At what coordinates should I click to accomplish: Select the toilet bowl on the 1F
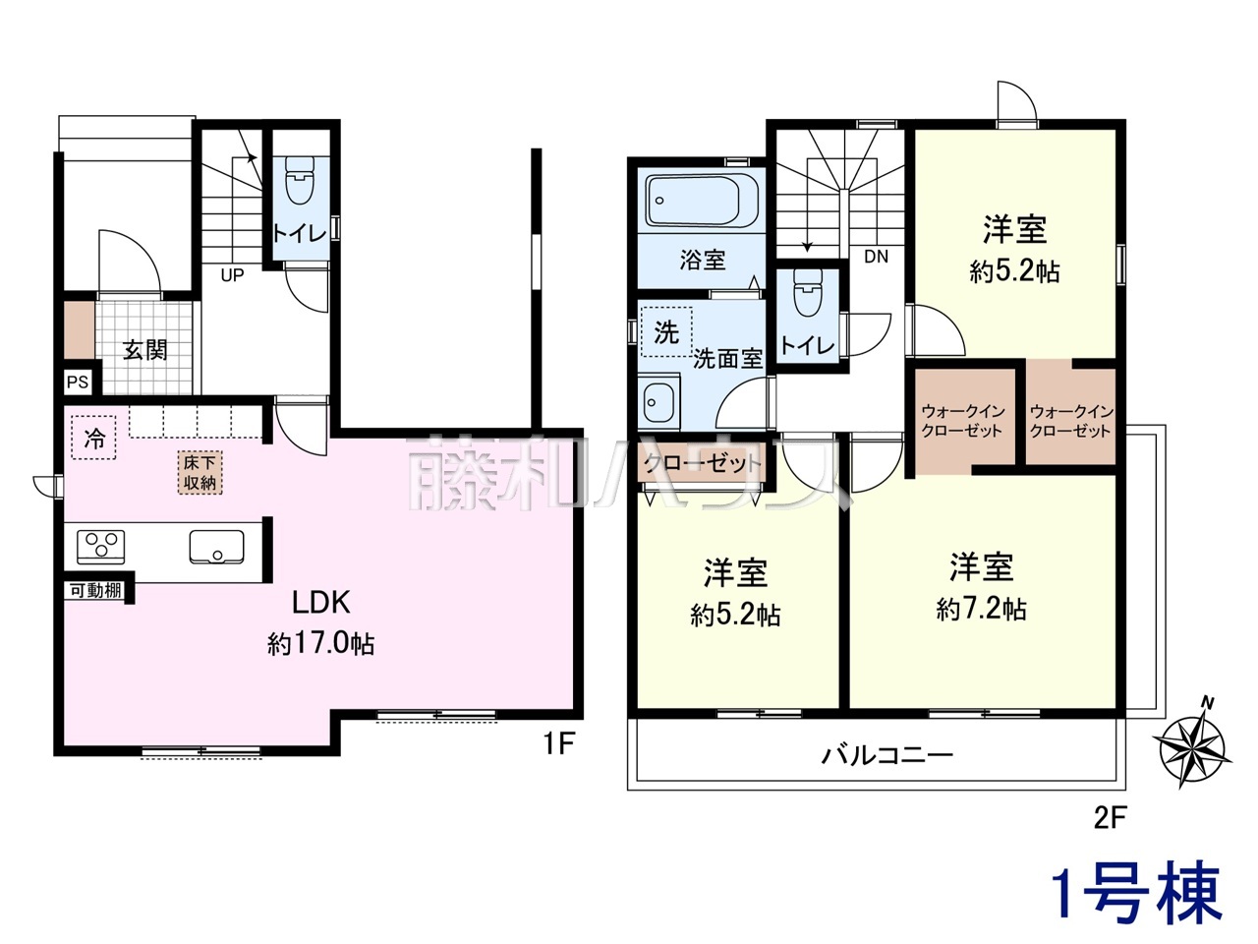click(x=300, y=179)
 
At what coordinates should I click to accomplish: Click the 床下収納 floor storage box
click(x=200, y=473)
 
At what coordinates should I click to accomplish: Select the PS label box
click(x=78, y=382)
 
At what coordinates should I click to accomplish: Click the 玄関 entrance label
click(x=145, y=350)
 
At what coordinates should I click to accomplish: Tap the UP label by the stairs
click(x=232, y=275)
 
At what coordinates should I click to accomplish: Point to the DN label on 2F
click(x=877, y=257)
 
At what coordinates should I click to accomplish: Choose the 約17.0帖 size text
click(x=320, y=644)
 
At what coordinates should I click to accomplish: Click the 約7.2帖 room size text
click(x=981, y=610)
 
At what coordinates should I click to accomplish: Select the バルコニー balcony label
click(x=887, y=755)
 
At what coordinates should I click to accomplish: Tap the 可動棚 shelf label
click(x=95, y=590)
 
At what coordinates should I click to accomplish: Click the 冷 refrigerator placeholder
click(x=94, y=438)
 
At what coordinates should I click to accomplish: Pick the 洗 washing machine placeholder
click(x=666, y=331)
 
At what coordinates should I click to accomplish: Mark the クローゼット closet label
click(x=703, y=462)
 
